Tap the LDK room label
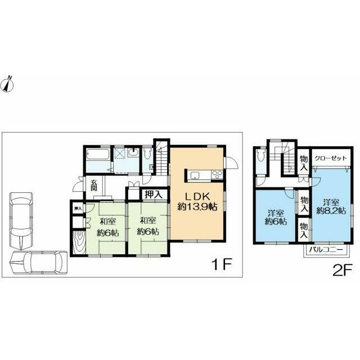[x=197, y=197]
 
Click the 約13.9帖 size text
[x=197, y=207]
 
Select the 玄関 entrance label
[x=94, y=185]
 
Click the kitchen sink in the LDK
[x=195, y=175]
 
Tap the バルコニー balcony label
[x=326, y=249]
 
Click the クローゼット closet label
[x=331, y=158]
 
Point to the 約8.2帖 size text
[x=331, y=211]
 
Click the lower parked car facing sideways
[x=39, y=263]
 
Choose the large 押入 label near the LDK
[x=154, y=195]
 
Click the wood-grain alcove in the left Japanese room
[x=79, y=242]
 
